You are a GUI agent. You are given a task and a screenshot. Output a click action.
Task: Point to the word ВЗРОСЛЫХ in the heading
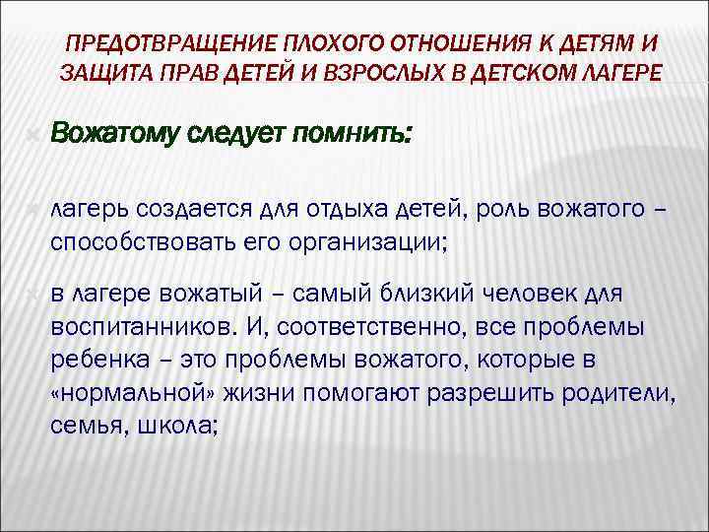pos(373,72)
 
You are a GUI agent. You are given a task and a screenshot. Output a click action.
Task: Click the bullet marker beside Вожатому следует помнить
pos(33,132)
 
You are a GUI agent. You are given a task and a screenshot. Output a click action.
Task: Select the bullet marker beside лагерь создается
pos(33,209)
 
